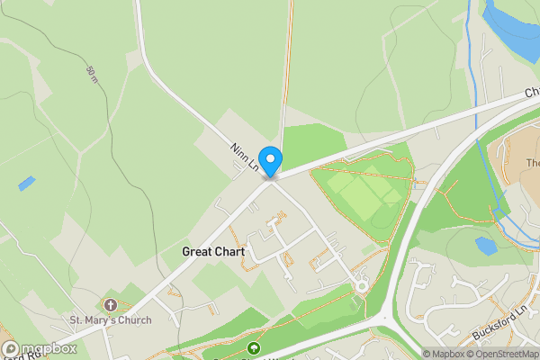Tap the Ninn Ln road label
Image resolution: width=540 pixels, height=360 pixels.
[x=244, y=157]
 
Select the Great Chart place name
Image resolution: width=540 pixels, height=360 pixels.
[x=213, y=252]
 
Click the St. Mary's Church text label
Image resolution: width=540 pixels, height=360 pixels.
[x=112, y=319]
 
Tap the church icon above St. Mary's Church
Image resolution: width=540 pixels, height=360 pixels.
[x=111, y=305]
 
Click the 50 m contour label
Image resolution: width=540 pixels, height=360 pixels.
[x=93, y=74]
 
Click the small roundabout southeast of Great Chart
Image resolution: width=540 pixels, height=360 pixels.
[x=362, y=286]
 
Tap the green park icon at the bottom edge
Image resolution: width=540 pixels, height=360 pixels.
[x=255, y=348]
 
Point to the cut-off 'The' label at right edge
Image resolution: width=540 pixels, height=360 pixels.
[x=533, y=163]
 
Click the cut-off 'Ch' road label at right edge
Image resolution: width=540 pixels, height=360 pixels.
[x=532, y=92]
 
